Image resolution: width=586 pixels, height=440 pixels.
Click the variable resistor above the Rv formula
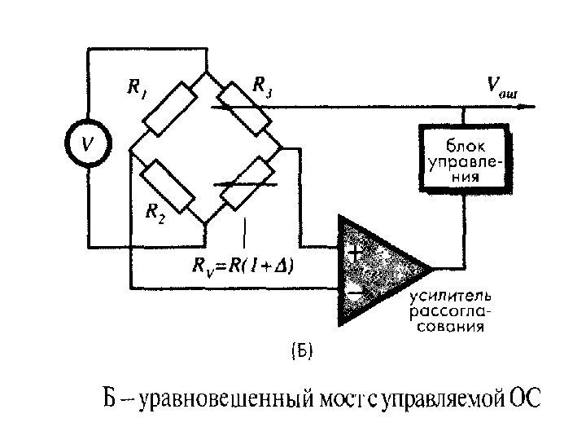245,184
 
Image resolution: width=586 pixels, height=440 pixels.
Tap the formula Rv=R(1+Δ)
243,266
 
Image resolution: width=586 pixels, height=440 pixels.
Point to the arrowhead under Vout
529,105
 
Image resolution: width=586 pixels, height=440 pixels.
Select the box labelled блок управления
463,156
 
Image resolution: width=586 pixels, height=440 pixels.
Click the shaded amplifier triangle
374,270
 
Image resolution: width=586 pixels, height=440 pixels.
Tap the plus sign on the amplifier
356,253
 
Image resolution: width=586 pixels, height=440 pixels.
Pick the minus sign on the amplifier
355,289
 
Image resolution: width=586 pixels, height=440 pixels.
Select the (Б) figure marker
301,352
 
